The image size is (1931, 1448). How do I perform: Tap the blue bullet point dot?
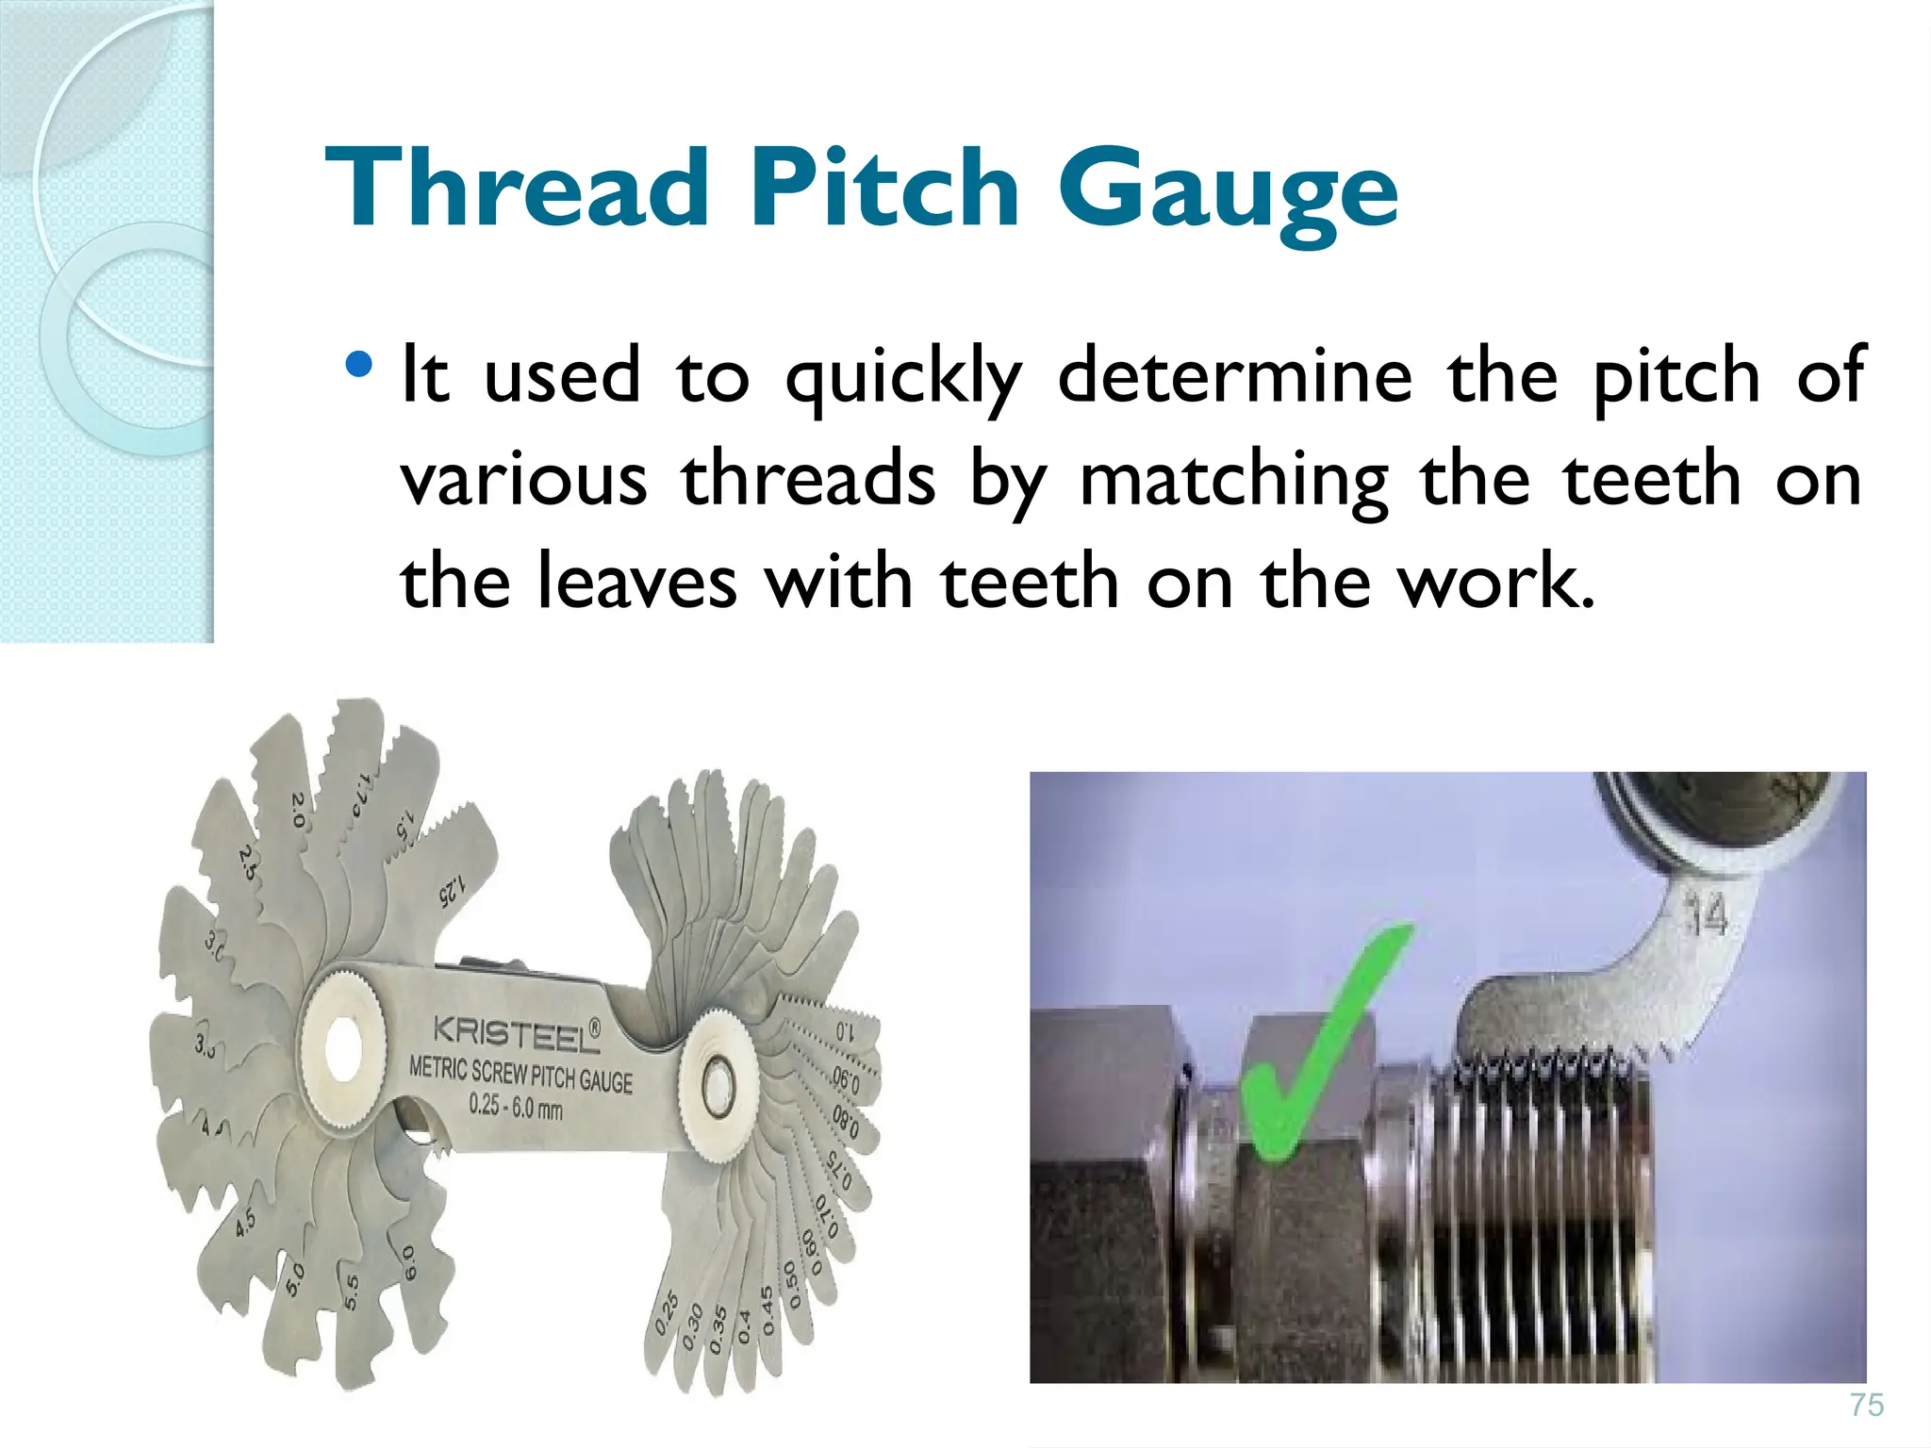[358, 366]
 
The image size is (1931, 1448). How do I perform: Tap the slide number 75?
[1866, 1405]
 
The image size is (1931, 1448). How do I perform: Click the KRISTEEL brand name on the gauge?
[516, 1032]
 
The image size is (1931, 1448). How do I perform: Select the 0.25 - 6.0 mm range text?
[516, 1105]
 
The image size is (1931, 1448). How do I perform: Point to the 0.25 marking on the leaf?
[666, 1312]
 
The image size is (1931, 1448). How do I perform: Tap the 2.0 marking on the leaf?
[298, 809]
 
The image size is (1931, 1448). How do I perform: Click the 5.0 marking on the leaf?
[295, 1279]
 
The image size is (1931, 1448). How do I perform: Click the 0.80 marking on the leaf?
[845, 1122]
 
